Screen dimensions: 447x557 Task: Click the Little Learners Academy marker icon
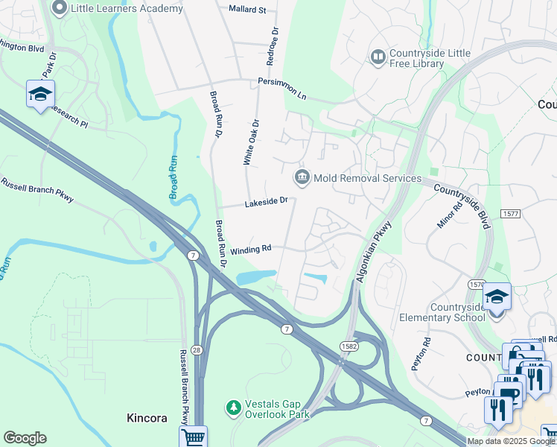click(60, 8)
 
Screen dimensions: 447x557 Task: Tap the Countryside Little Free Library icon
click(378, 57)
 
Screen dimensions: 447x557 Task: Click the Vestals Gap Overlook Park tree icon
click(233, 408)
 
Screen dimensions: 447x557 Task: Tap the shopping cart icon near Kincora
click(193, 437)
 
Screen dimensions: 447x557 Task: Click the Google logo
click(25, 438)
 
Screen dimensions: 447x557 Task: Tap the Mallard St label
click(247, 10)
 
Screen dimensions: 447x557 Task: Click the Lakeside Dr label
click(267, 203)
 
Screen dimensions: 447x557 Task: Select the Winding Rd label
click(250, 250)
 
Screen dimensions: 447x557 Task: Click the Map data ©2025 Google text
click(511, 441)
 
